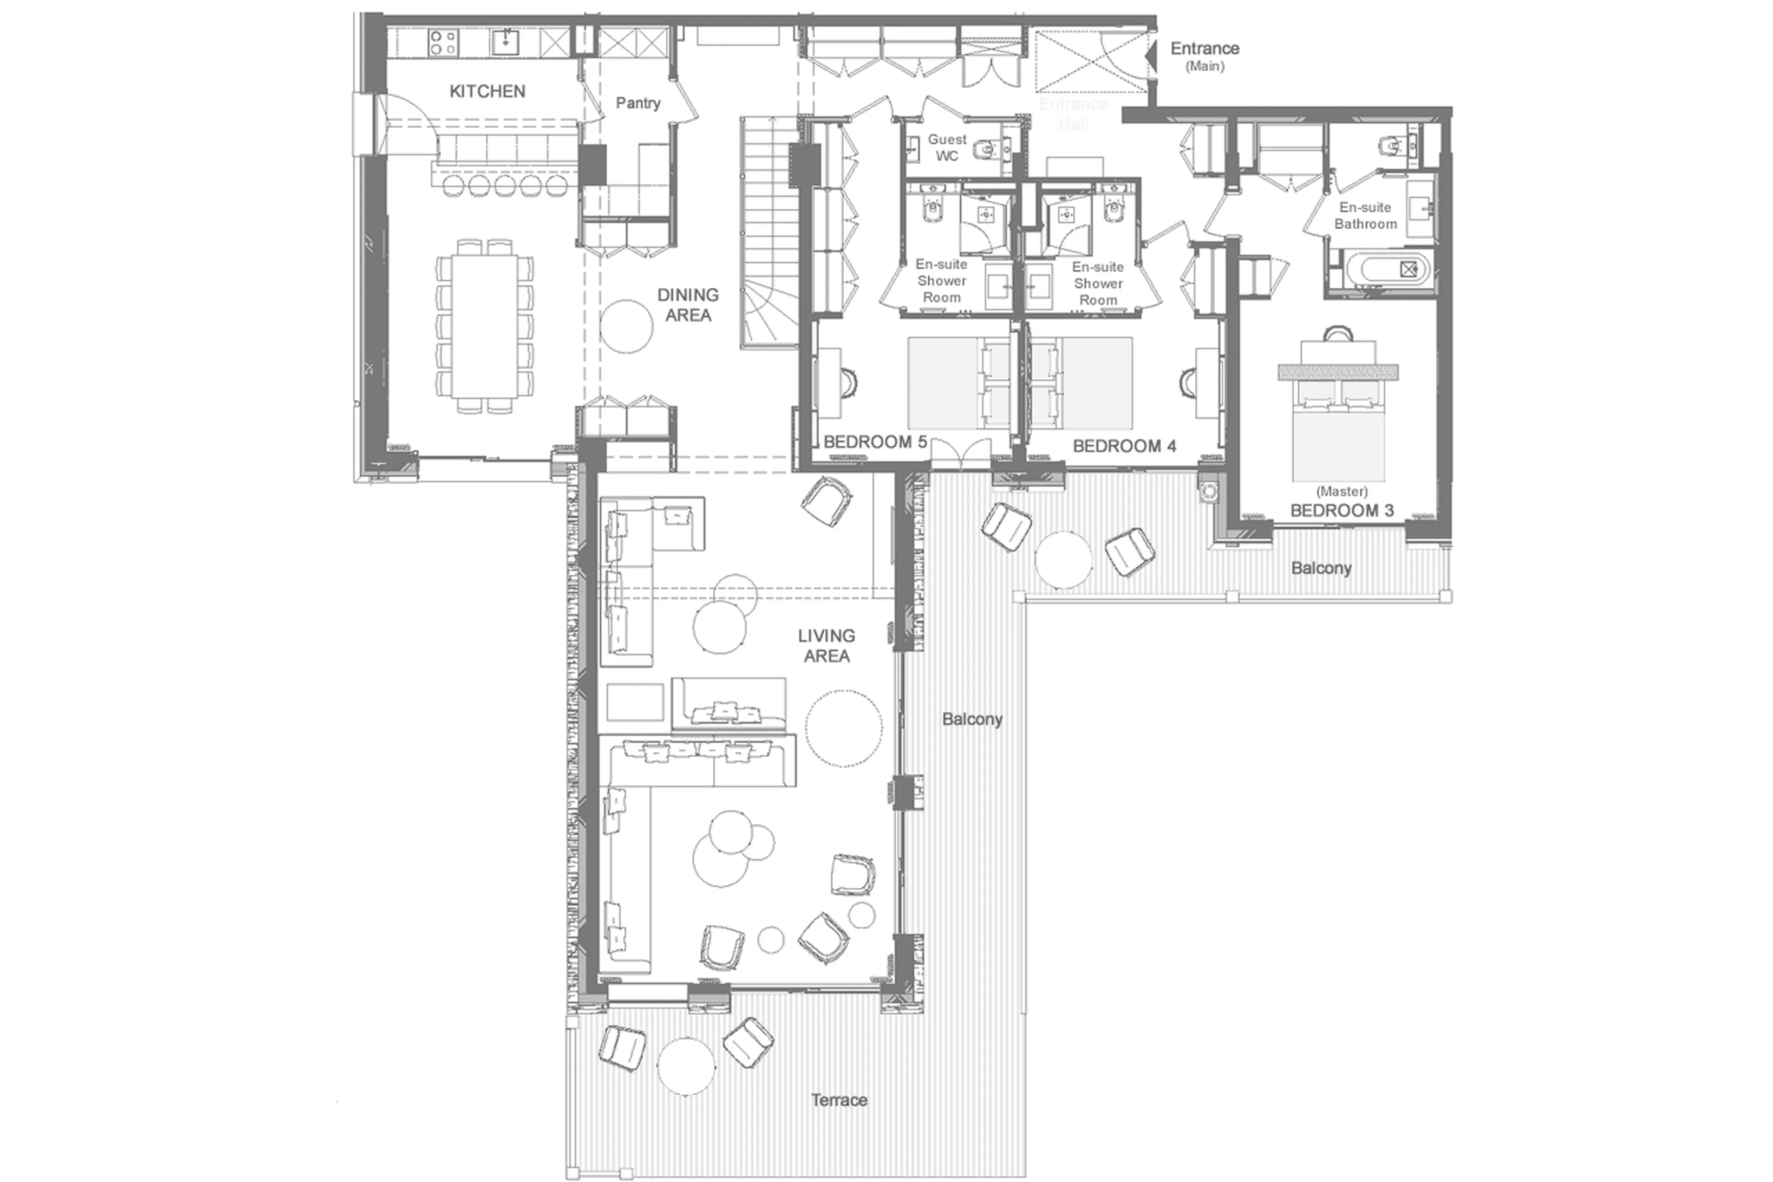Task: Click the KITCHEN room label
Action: tap(487, 91)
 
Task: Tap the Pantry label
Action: tap(638, 103)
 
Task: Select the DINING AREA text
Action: tap(687, 304)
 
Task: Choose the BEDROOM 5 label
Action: tap(874, 442)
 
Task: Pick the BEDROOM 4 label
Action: tap(1123, 446)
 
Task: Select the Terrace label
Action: tap(838, 1100)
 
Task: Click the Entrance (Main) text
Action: tap(1204, 55)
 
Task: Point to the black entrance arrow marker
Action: tap(1151, 55)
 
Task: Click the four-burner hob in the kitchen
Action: tap(442, 42)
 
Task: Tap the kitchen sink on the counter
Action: tap(505, 42)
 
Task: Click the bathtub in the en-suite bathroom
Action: tap(1387, 269)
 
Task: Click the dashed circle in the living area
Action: tap(843, 728)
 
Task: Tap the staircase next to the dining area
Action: tap(769, 234)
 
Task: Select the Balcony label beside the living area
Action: tap(971, 719)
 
